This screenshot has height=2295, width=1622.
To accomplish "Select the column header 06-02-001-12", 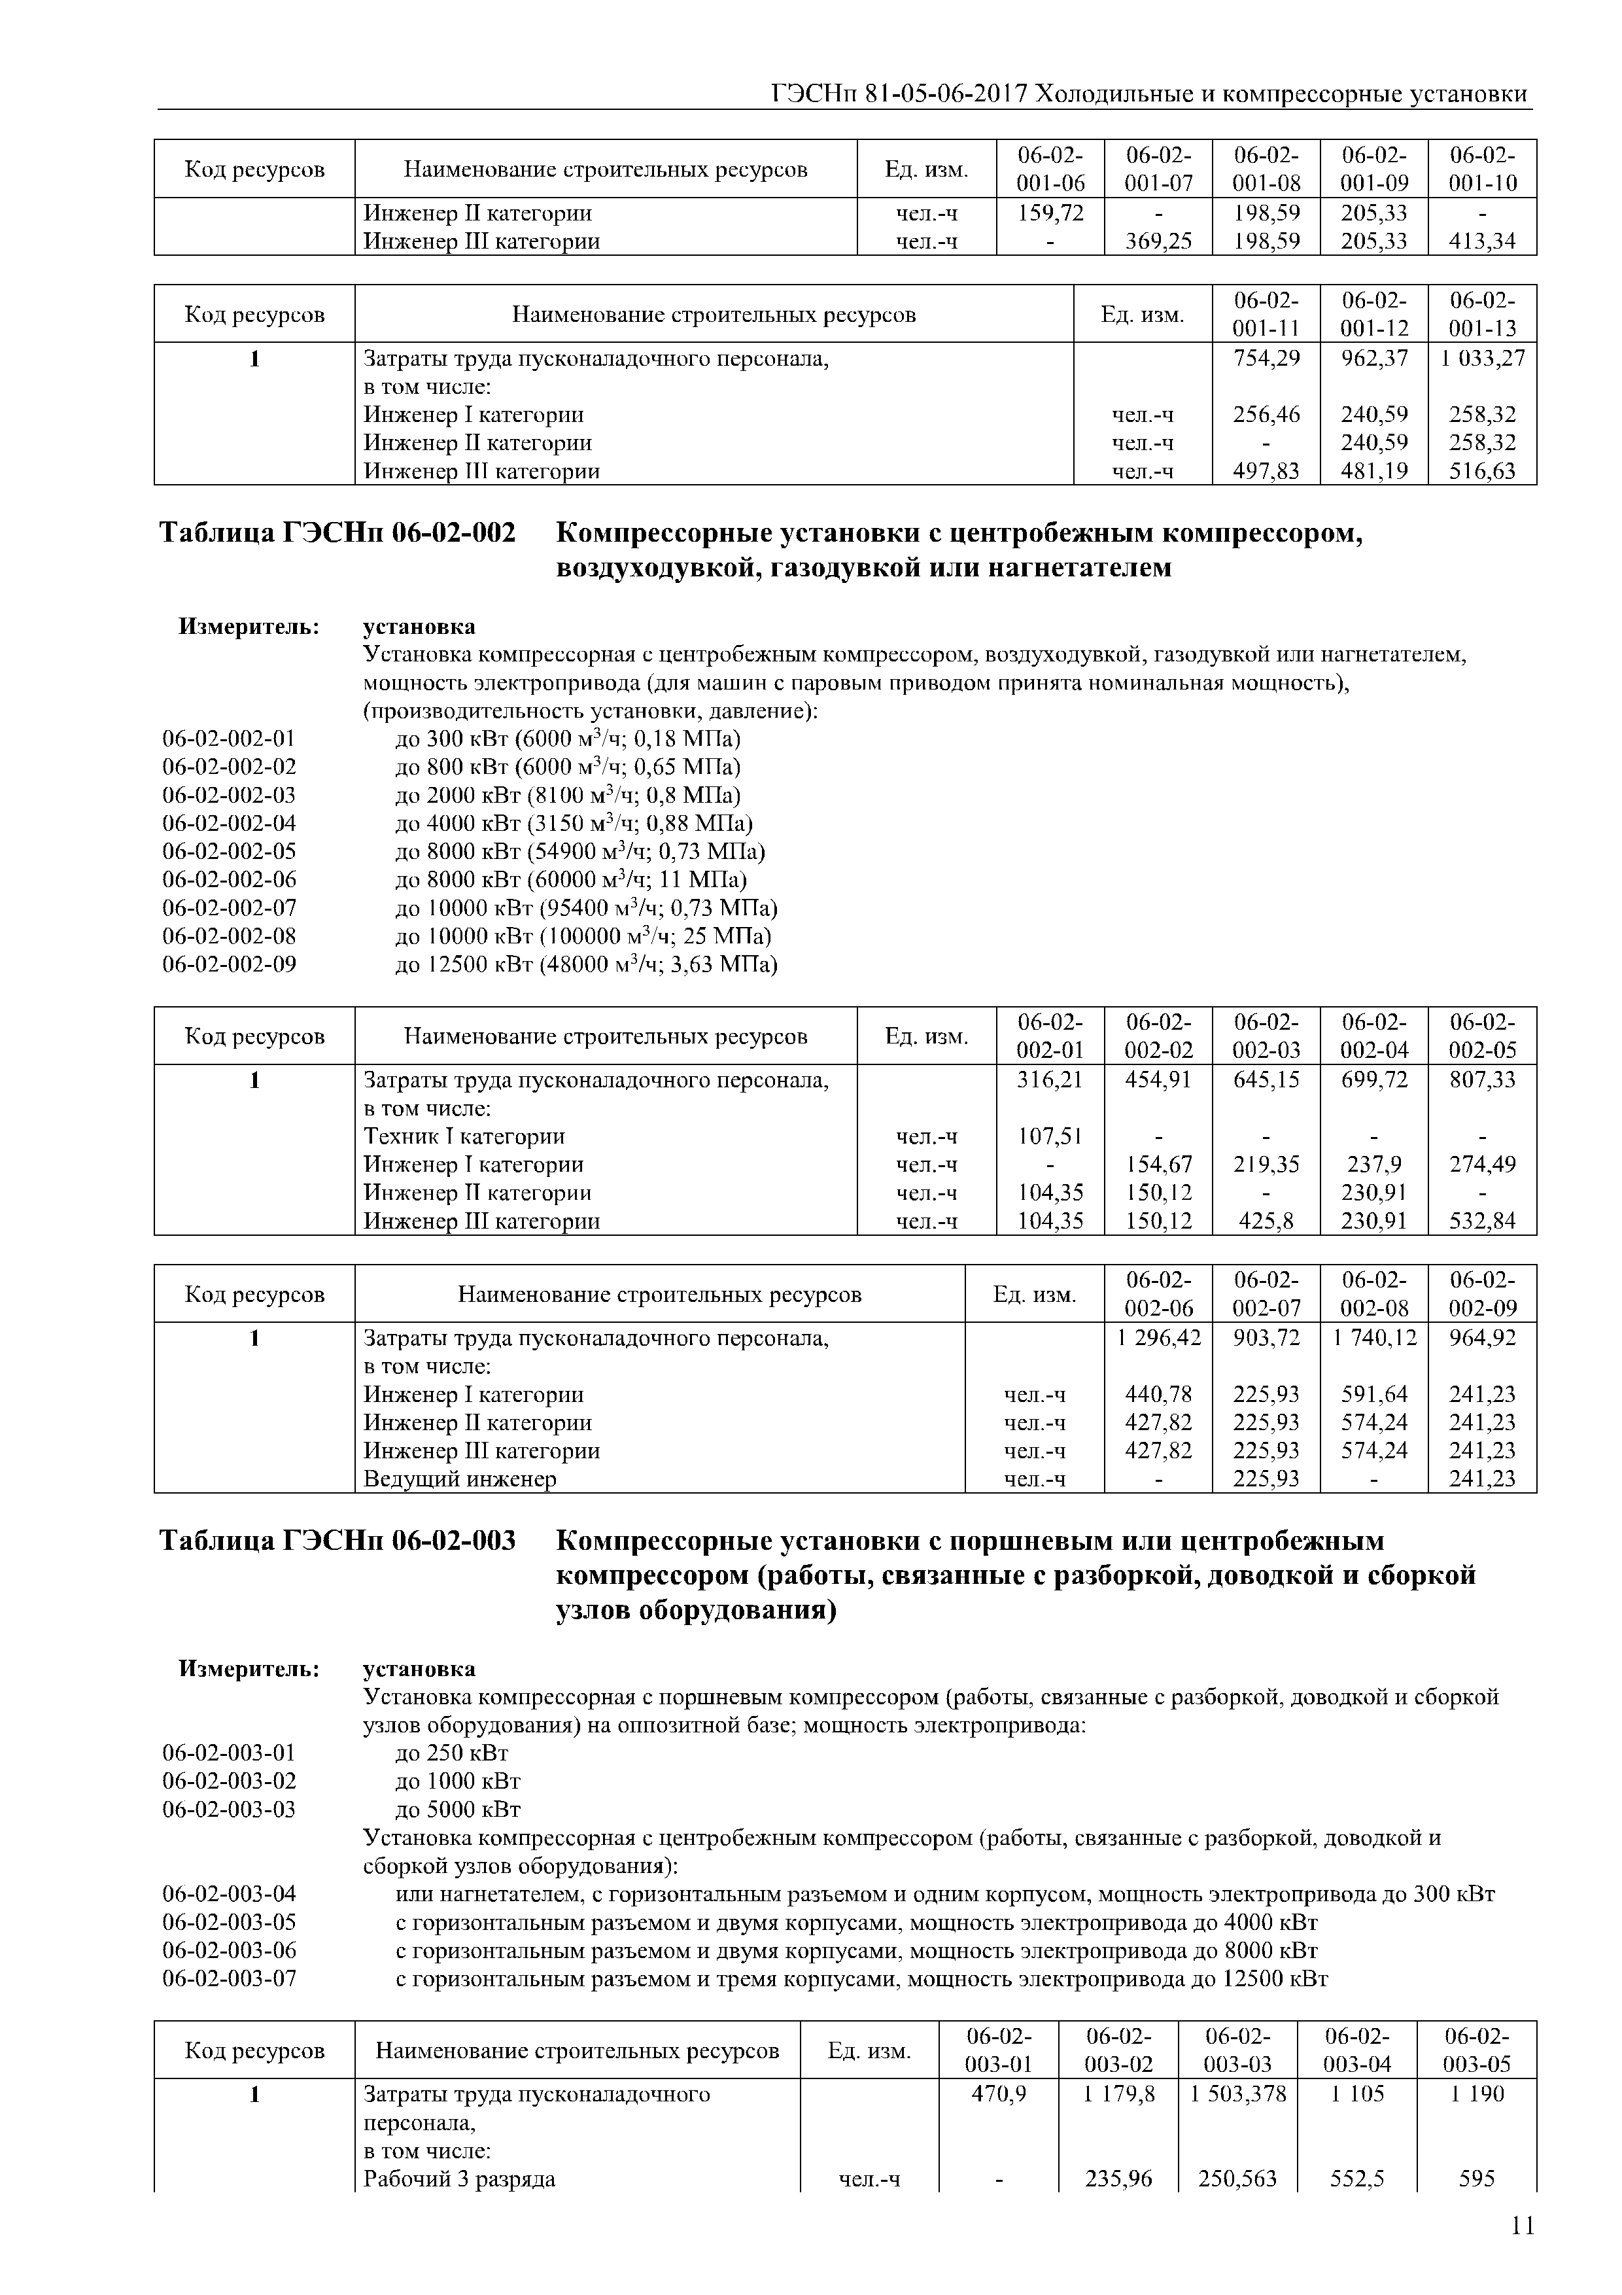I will [1374, 314].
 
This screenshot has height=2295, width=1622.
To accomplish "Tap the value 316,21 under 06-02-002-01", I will [1049, 1079].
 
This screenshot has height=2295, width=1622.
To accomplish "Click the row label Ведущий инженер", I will [460, 1479].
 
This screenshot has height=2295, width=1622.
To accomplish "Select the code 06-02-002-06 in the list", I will [229, 880].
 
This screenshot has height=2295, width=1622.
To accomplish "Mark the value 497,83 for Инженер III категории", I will [1266, 471].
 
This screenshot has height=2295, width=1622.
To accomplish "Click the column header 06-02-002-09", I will [1482, 1293].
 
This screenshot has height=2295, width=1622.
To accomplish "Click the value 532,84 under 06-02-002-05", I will [1482, 1221].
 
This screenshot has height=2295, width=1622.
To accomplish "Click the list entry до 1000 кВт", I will [458, 1780].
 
